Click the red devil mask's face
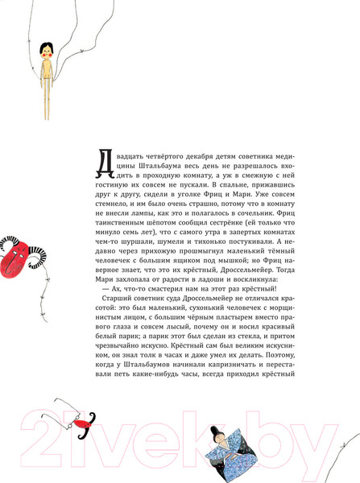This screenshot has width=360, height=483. [18, 259]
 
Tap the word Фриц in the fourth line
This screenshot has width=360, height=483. [229, 195]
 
